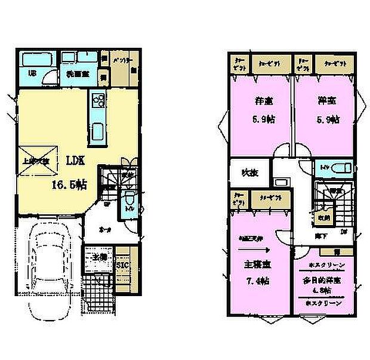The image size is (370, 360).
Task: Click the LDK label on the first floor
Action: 76,161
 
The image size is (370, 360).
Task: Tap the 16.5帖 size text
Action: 69,185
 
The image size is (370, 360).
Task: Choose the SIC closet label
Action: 122,264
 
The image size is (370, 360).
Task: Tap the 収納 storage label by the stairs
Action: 323,217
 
